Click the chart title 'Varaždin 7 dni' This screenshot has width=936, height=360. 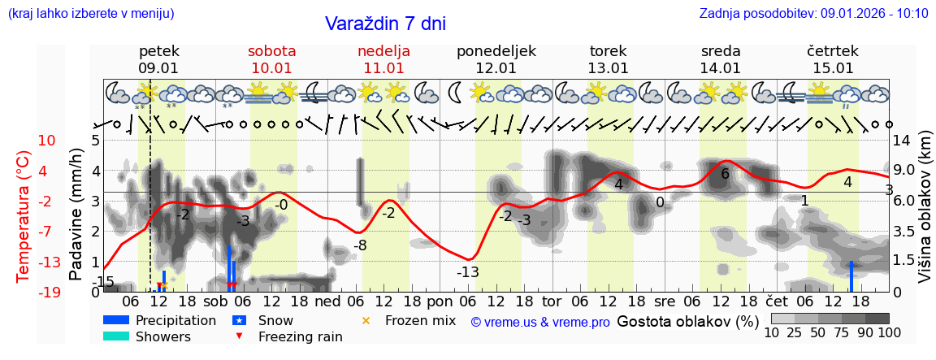pos(385,24)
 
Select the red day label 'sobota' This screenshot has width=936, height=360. pos(271,51)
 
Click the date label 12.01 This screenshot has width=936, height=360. pos(496,68)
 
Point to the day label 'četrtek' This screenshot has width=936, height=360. pos(833,51)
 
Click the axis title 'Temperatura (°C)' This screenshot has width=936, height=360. pos(23,215)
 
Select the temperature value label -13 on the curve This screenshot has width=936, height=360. pos(467,272)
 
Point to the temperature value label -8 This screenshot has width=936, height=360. pos(360,245)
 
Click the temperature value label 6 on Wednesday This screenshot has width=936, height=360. pos(725,174)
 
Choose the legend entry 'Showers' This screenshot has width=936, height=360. pos(162,336)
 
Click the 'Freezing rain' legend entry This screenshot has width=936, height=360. pos(288,336)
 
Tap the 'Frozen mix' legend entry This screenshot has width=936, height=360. pos(419,320)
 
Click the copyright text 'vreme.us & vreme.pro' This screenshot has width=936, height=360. pos(540,323)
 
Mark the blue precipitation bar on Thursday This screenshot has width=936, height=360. pos(851,276)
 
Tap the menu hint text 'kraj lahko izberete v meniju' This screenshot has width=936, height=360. pos(91,14)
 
